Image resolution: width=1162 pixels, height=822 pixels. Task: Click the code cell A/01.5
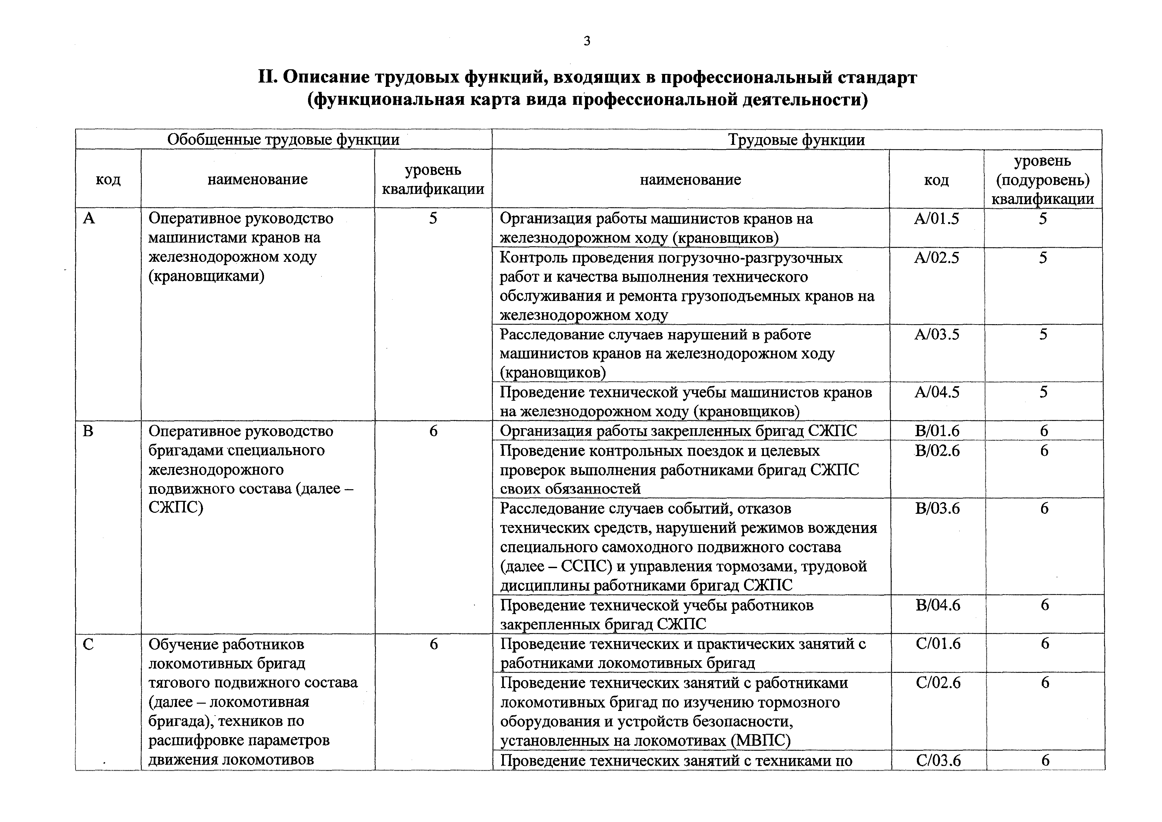coord(936,219)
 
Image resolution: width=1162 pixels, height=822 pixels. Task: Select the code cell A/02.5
coord(936,258)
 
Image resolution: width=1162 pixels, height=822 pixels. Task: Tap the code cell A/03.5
coord(936,335)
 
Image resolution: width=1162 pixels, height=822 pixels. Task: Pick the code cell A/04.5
coord(936,392)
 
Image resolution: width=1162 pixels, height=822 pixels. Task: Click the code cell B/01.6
coord(937,431)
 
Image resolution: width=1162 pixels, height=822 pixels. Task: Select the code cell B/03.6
coord(937,508)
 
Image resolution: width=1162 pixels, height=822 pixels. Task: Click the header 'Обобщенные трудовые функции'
coord(284,140)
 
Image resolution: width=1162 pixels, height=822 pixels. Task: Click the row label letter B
coord(88,431)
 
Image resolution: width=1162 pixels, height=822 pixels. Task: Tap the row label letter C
coord(88,645)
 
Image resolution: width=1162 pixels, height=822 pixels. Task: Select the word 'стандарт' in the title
coord(877,78)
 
